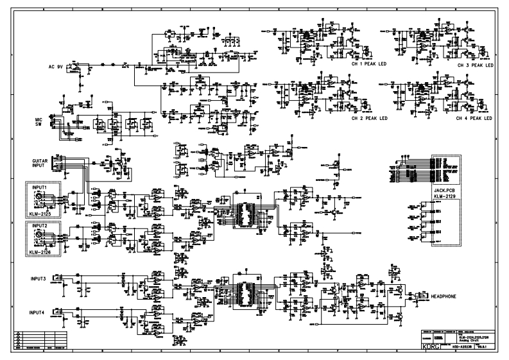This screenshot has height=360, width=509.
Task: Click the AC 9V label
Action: click(x=57, y=66)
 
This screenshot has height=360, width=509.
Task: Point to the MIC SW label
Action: click(x=39, y=122)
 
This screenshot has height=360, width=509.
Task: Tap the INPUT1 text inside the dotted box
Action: click(x=40, y=187)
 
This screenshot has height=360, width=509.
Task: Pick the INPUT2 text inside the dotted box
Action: click(x=40, y=226)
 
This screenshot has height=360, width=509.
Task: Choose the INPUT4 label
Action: click(x=39, y=312)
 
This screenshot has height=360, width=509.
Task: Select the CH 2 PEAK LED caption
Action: click(x=370, y=119)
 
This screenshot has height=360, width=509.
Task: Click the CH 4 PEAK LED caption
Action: click(x=475, y=119)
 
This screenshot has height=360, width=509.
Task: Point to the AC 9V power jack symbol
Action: click(x=76, y=66)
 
